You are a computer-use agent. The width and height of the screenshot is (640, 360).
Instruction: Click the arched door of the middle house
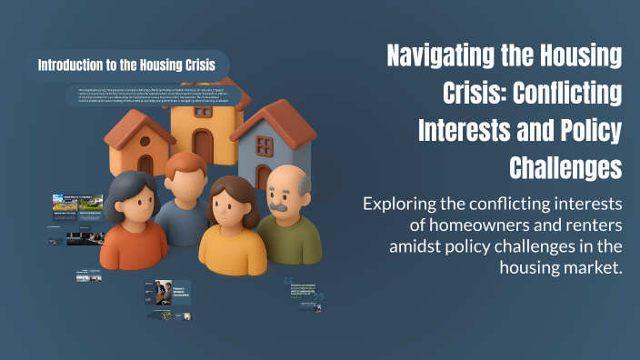click(204, 145)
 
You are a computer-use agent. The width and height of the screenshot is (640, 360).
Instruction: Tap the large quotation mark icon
click(290, 280)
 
